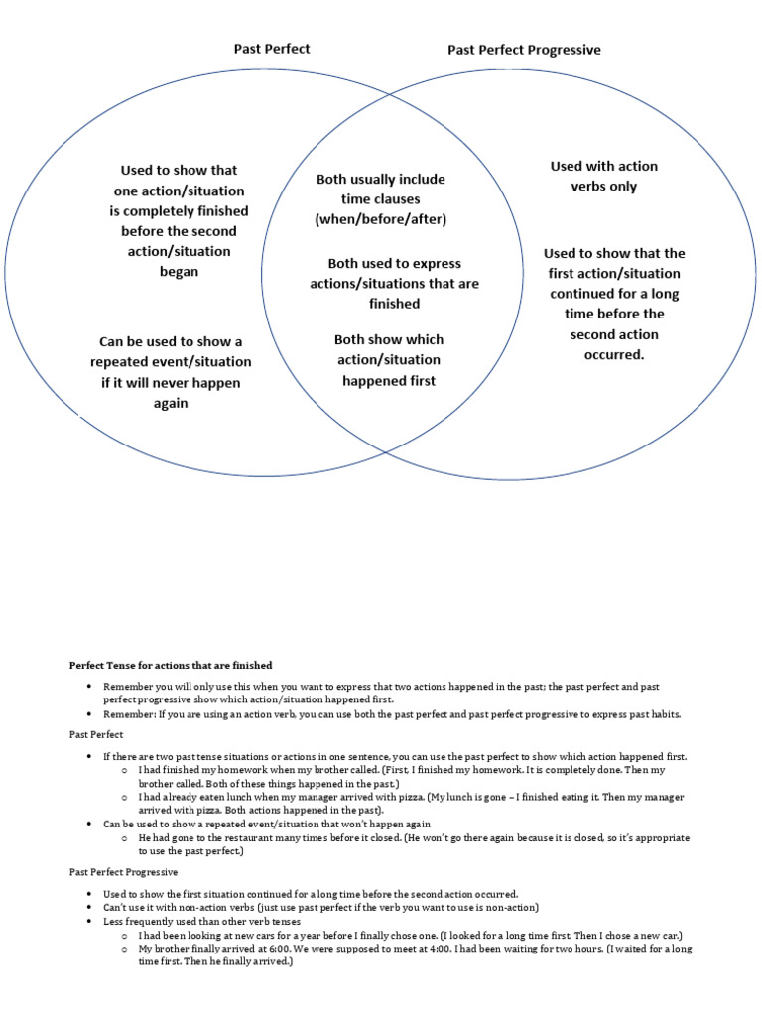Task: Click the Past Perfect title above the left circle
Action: (x=272, y=48)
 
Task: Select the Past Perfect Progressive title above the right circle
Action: (x=524, y=49)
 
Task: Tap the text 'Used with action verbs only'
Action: (x=603, y=176)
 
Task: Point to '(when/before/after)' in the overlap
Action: (x=380, y=219)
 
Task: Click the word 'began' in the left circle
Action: (x=179, y=271)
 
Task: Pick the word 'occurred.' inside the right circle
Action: (x=614, y=354)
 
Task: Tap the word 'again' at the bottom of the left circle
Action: (x=171, y=403)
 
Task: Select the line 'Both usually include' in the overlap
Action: (x=380, y=179)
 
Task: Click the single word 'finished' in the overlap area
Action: (x=394, y=304)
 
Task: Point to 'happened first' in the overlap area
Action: (x=388, y=380)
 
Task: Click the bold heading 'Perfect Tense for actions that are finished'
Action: (x=170, y=665)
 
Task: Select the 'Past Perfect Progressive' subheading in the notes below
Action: (x=123, y=872)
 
